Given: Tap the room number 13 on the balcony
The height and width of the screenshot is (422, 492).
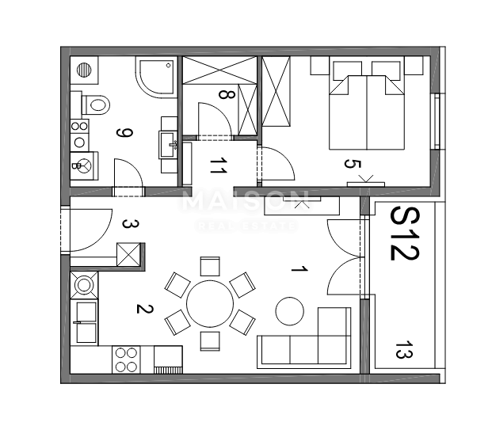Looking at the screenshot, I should [x=403, y=350].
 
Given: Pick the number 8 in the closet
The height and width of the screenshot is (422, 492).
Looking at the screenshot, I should [x=227, y=95].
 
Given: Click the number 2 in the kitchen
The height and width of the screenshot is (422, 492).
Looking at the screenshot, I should [x=143, y=309].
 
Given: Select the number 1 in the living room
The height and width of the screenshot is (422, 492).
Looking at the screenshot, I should [x=298, y=270].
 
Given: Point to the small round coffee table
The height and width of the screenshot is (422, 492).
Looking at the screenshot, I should [x=289, y=310].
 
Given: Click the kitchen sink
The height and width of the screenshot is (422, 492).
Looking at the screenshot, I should [x=83, y=321].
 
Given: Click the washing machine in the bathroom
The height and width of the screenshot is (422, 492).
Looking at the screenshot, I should [x=84, y=166].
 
